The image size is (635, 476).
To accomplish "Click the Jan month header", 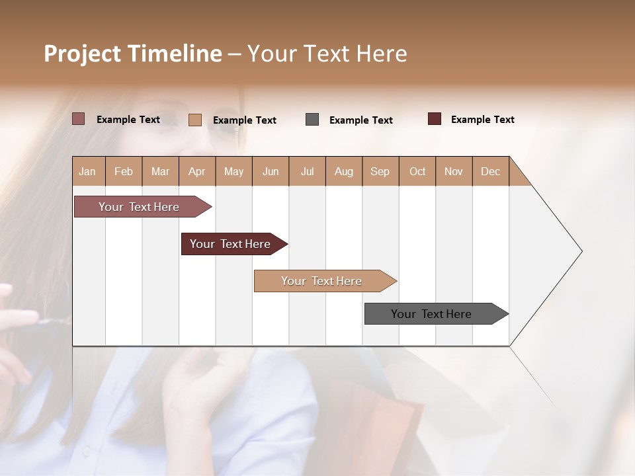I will (87, 171).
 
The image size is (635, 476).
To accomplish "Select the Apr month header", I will (196, 171).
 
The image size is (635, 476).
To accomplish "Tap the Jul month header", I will (307, 171).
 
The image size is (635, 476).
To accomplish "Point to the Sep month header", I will (380, 171).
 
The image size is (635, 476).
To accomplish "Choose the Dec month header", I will (490, 171).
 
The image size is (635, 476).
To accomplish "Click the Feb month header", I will (124, 171).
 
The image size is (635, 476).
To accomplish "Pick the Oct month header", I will (417, 171).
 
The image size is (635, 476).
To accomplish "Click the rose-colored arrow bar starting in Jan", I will (139, 207).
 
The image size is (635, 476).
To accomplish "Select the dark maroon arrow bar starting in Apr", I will (230, 244).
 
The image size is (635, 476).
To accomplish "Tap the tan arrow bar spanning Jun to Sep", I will (321, 281).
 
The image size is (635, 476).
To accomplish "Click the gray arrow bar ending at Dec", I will (431, 314).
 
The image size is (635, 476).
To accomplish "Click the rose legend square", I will (78, 119).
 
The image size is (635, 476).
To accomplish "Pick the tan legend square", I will (195, 120).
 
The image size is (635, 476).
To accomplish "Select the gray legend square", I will (312, 120).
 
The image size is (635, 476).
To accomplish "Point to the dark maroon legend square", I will (435, 119).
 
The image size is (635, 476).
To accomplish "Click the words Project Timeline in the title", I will (132, 54).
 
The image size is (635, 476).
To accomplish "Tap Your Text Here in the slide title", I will (327, 54).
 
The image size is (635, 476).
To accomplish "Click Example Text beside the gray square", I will (360, 120).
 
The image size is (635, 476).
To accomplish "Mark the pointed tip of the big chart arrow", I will (581, 251).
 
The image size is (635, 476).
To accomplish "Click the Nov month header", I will (454, 171).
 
